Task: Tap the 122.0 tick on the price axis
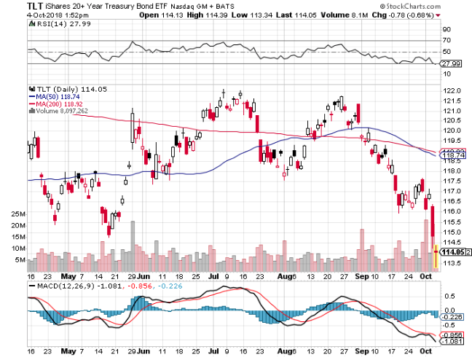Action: click(x=452, y=90)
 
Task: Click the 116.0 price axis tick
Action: click(x=452, y=211)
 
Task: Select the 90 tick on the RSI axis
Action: click(x=447, y=30)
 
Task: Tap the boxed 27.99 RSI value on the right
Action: click(x=453, y=63)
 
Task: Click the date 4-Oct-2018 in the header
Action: click(x=23, y=15)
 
